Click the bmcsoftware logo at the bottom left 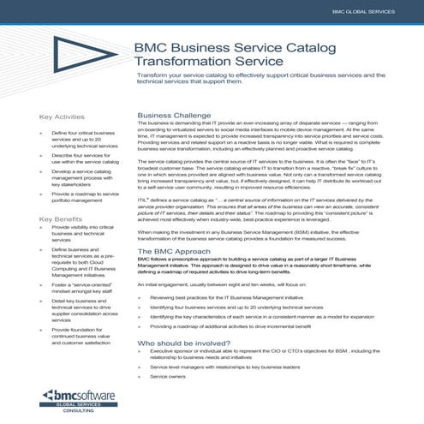click(x=83, y=396)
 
